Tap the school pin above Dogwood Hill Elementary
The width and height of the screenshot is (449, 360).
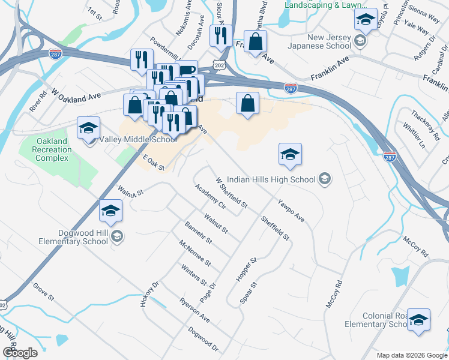(110, 211)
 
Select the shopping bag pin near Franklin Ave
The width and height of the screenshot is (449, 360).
(256, 41)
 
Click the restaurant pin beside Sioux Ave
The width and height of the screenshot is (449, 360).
(220, 35)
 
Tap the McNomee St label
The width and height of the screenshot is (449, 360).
(196, 253)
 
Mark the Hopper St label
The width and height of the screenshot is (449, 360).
(246, 269)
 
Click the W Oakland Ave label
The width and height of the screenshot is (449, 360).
(76, 95)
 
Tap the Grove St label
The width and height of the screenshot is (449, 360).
(44, 292)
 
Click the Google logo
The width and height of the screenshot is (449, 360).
(19, 353)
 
